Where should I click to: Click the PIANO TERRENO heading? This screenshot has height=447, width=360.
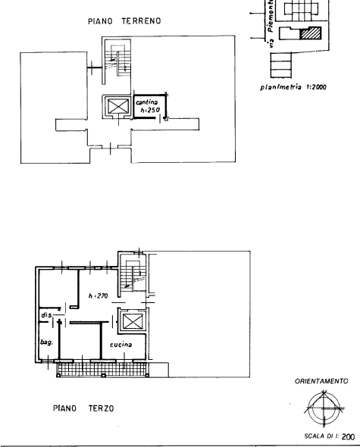[124, 21]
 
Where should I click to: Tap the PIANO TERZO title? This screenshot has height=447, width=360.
[83, 408]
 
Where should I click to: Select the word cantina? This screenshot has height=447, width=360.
[146, 102]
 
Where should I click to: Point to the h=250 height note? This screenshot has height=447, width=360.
[150, 110]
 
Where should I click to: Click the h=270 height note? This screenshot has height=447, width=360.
[98, 296]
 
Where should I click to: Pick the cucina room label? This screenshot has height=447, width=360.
[121, 345]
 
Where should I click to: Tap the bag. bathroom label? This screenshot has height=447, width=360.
[46, 342]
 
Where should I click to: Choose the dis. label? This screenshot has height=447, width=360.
[47, 315]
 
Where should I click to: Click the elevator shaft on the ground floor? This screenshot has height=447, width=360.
[117, 107]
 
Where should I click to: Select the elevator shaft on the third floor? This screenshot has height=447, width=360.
[132, 321]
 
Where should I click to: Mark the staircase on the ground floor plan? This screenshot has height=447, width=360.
[117, 61]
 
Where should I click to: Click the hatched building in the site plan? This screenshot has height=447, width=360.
[311, 33]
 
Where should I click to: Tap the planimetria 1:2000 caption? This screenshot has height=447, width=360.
[293, 87]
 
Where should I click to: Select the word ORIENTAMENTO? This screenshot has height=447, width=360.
[321, 381]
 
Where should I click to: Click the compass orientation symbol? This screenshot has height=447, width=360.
[324, 408]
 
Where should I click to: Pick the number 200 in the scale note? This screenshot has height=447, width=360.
[348, 436]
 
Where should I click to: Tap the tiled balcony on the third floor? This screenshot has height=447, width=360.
[102, 370]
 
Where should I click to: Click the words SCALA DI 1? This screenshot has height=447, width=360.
[321, 436]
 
